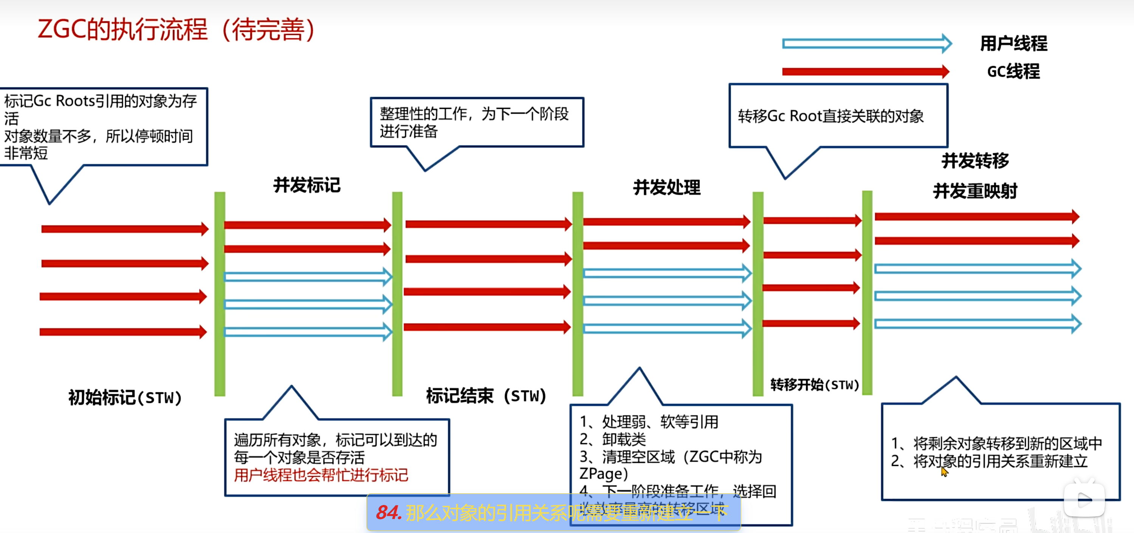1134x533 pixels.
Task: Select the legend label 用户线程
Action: pyautogui.click(x=1013, y=43)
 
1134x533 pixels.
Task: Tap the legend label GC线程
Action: pyautogui.click(x=1013, y=71)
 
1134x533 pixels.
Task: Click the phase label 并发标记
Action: pyautogui.click(x=307, y=185)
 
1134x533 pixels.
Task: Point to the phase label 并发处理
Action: pyautogui.click(x=666, y=188)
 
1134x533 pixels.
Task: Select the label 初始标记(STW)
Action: pyautogui.click(x=125, y=397)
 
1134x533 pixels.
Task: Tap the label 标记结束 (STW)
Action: pyautogui.click(x=486, y=396)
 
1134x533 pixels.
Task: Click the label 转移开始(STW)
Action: pyautogui.click(x=815, y=385)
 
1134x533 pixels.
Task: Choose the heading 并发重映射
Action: pyautogui.click(x=975, y=191)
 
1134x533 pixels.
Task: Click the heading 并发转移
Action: pyautogui.click(x=975, y=160)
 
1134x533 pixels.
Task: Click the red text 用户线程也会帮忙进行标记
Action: pyautogui.click(x=321, y=475)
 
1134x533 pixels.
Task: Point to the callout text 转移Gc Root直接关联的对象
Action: pyautogui.click(x=831, y=116)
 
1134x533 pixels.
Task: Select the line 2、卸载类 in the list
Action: pyautogui.click(x=613, y=439)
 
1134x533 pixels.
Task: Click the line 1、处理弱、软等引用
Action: pyautogui.click(x=649, y=421)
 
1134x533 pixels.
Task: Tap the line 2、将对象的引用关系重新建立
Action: pyautogui.click(x=989, y=461)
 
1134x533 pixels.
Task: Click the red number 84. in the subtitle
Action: pyautogui.click(x=388, y=512)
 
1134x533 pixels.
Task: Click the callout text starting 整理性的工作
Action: pyautogui.click(x=474, y=122)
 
